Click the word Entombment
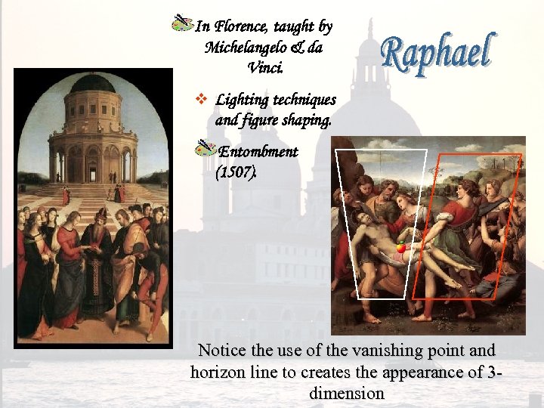click(258, 152)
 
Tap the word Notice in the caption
click(223, 351)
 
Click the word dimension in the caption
click(348, 394)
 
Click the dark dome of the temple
click(92, 83)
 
